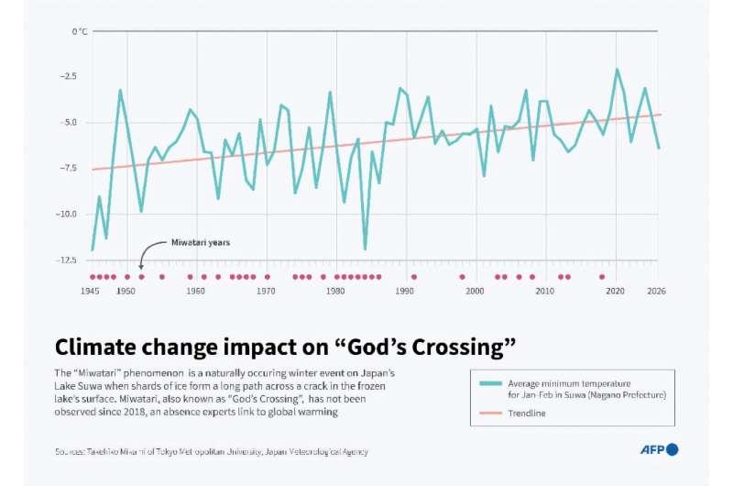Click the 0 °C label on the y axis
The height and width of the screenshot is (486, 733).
click(x=79, y=32)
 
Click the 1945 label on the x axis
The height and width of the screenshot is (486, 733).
click(x=90, y=291)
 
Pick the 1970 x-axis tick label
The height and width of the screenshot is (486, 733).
click(x=266, y=291)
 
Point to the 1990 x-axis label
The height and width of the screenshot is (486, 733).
click(x=406, y=291)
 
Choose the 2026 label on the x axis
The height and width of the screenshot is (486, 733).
click(x=656, y=291)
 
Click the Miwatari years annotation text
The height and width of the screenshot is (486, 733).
click(x=201, y=243)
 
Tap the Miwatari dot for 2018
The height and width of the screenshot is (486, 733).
click(x=602, y=276)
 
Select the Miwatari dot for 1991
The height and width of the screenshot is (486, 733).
click(x=413, y=276)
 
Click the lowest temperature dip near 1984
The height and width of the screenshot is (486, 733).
click(x=365, y=249)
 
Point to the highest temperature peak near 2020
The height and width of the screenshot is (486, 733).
click(x=617, y=70)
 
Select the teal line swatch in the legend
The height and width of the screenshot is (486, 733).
click(x=487, y=383)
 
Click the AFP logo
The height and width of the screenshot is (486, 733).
click(x=659, y=449)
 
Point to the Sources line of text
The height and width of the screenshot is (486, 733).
click(x=211, y=451)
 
